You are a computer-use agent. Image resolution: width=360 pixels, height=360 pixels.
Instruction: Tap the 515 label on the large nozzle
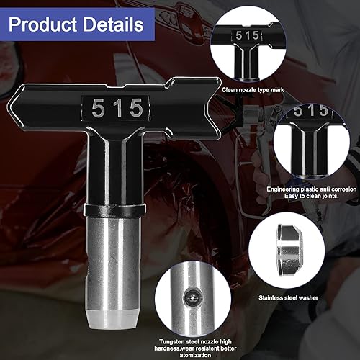117,109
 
